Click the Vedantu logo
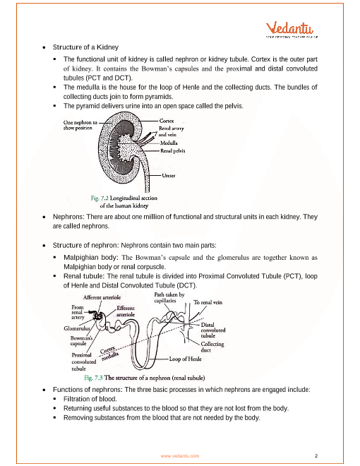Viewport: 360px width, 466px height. tap(292, 30)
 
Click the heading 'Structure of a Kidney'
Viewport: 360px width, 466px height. tap(85, 47)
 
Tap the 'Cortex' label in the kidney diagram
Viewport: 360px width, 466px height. tap(167, 121)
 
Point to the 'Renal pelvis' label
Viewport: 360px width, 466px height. tap(172, 150)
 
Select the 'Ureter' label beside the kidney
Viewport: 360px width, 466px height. tap(169, 175)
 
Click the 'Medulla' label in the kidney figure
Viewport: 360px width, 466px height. tap(169, 143)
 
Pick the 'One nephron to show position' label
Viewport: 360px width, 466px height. tap(80, 125)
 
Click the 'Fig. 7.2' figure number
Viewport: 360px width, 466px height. tap(100, 198)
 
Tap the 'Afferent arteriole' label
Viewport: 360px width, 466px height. tap(102, 297)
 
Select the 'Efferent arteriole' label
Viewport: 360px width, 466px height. tap(126, 311)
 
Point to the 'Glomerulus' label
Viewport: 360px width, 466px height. tap(77, 328)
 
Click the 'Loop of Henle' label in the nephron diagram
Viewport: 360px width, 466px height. tap(186, 359)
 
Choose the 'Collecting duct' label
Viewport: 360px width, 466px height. tap(212, 347)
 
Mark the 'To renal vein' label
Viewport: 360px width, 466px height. tap(208, 302)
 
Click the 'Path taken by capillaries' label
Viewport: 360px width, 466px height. tap(169, 297)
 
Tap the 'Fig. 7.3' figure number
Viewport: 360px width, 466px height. tap(93, 378)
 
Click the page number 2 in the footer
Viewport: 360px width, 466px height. tap(316, 455)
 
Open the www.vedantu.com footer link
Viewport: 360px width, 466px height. tap(180, 456)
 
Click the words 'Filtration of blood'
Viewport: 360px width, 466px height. tap(90, 399)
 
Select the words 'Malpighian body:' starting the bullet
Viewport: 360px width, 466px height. tap(91, 258)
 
